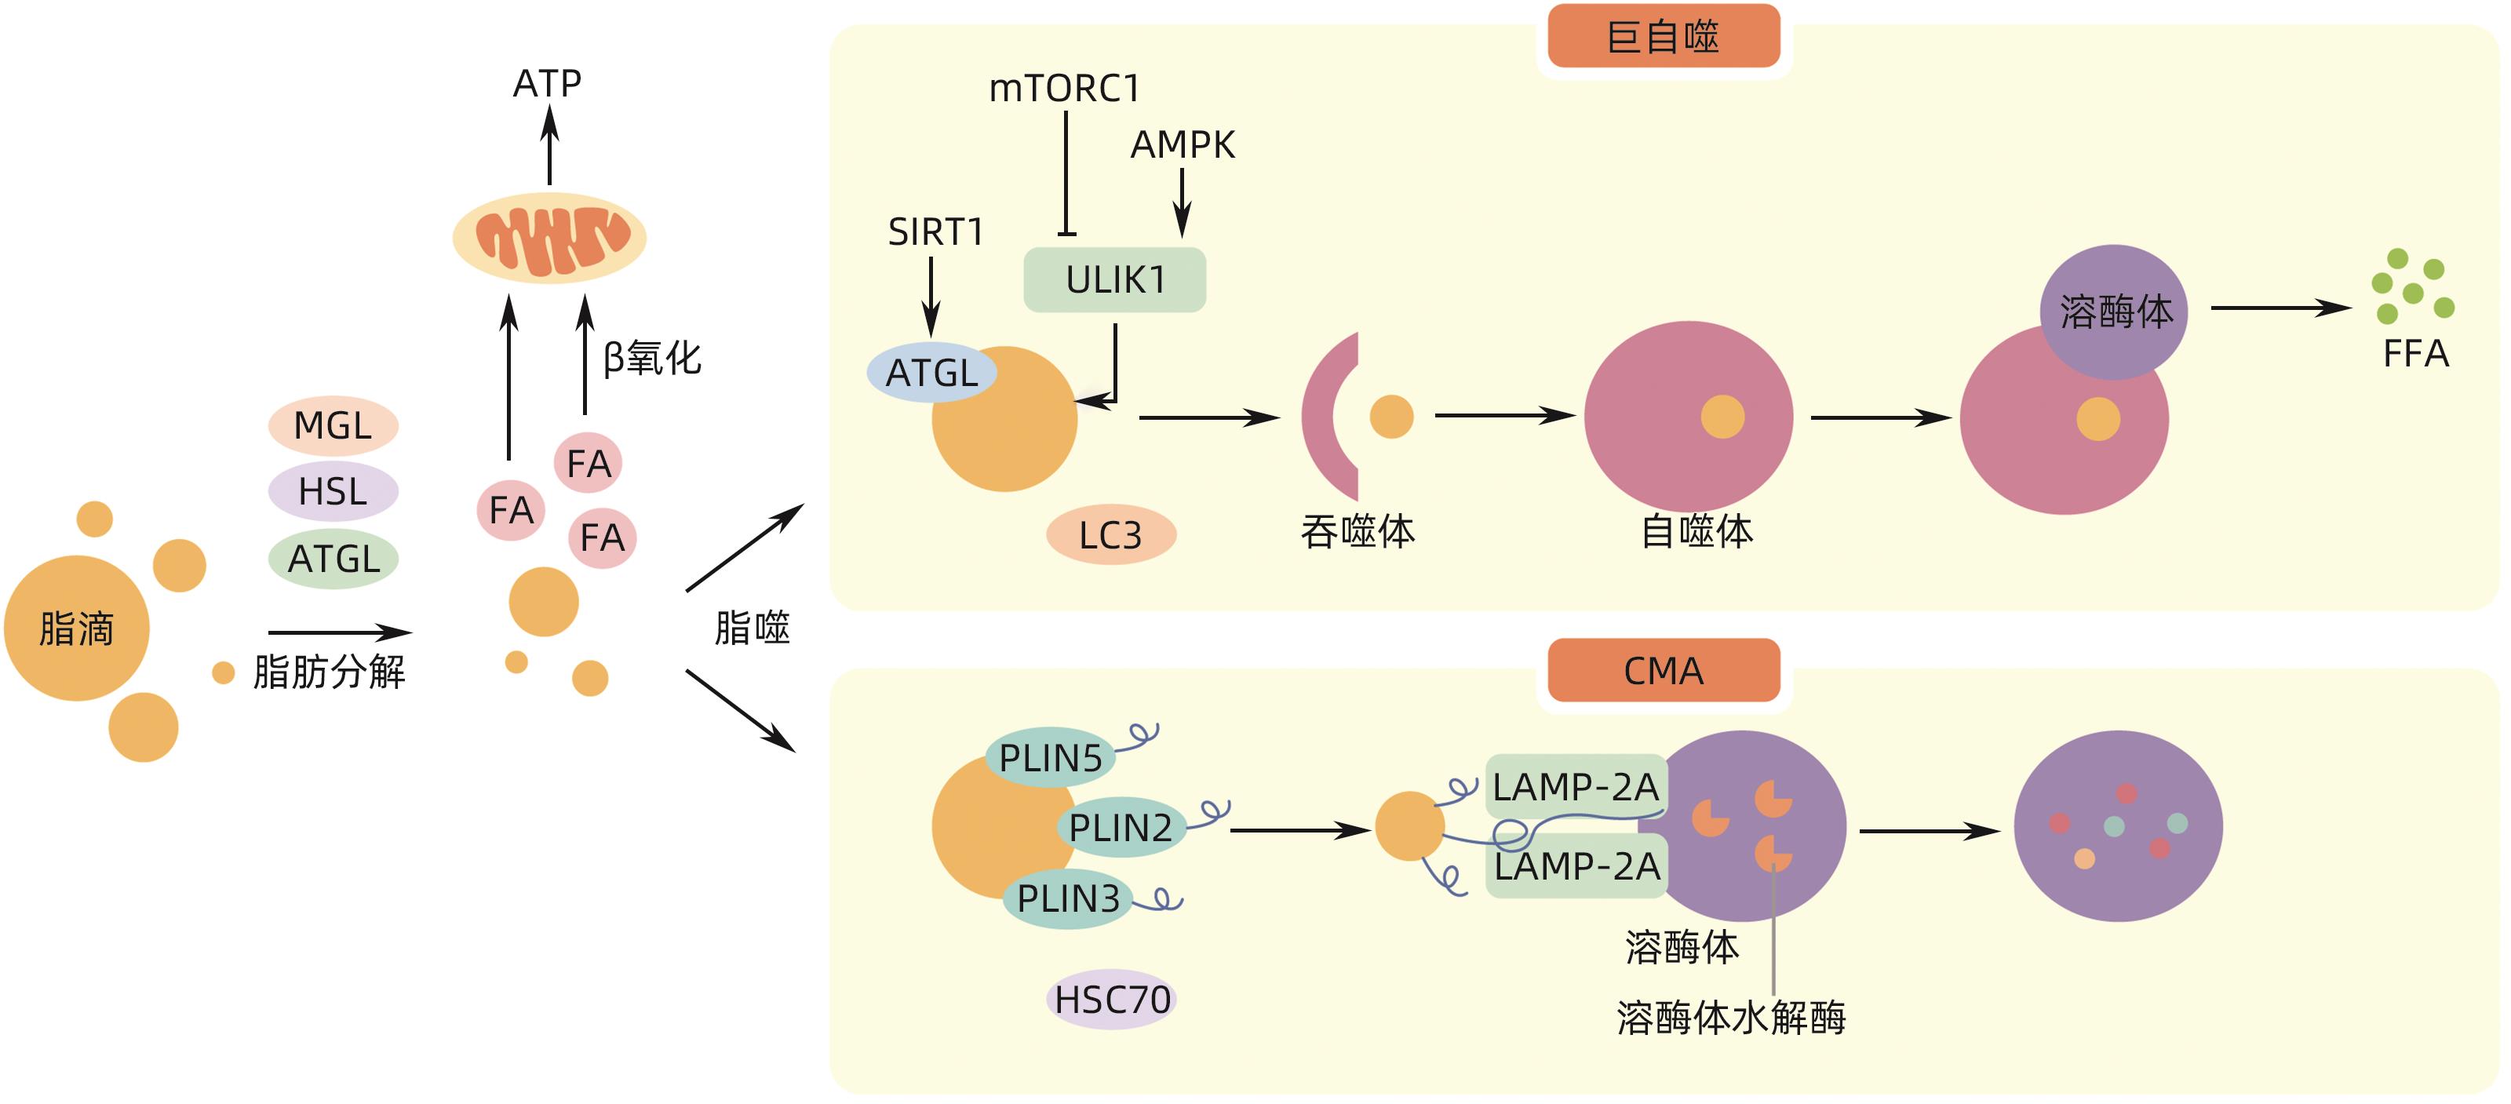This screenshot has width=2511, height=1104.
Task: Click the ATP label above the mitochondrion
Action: [547, 84]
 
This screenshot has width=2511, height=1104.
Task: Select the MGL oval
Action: [333, 426]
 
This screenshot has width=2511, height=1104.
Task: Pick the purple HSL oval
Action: [333, 491]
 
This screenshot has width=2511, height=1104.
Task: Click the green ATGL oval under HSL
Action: [333, 559]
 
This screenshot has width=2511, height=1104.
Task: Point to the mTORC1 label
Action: [1065, 89]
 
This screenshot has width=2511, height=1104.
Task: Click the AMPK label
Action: [1183, 145]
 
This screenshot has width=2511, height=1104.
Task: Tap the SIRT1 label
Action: [935, 232]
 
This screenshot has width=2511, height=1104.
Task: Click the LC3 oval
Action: [1110, 535]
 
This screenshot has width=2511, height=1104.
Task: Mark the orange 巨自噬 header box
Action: [1663, 37]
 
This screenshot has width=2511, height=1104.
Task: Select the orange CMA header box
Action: [1663, 670]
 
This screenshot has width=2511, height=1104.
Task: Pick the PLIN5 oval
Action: [1050, 758]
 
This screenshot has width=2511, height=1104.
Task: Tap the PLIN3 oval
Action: [1067, 898]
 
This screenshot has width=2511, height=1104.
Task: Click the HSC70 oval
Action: [1111, 1000]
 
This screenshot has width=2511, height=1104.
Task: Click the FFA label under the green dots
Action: [2415, 354]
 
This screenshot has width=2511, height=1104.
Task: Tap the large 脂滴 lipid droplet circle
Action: [76, 629]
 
